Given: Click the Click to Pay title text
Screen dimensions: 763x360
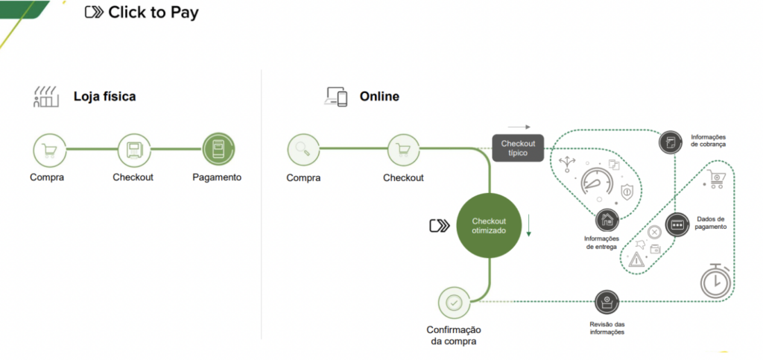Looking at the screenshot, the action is coord(153,13).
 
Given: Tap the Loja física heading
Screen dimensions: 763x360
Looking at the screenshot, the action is coord(104,96).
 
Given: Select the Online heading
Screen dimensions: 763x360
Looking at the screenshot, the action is coord(379,96).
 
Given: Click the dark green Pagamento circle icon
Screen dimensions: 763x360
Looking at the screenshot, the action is coord(218,150).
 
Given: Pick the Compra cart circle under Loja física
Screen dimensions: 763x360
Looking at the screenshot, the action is coord(49,150).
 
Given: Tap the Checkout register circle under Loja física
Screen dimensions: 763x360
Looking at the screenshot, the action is coord(134,150).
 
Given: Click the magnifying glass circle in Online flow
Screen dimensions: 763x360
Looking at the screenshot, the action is coord(304,150).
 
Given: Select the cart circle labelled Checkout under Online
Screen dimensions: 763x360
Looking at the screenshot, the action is coord(403,150).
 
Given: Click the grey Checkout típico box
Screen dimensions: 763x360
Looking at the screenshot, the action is coord(518,148).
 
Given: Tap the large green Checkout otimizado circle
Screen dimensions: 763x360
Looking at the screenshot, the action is coord(489,225).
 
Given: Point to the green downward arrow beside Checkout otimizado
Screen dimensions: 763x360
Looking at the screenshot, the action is coord(528,224).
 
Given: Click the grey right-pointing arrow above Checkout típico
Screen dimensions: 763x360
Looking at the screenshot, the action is coord(519,127).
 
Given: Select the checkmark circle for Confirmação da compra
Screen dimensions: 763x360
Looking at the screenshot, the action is coord(454,303).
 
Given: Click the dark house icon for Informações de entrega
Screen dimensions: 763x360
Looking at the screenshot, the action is coord(607,220).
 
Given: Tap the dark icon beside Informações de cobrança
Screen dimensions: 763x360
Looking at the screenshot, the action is coord(671,142).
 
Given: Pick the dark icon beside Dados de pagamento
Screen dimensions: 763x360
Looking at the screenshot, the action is coord(677,225).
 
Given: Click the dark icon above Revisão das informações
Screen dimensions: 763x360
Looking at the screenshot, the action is coord(607,302).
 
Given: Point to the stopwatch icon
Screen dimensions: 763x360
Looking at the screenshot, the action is coord(716,281).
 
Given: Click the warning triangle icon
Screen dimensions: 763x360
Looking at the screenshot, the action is coord(636,259).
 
